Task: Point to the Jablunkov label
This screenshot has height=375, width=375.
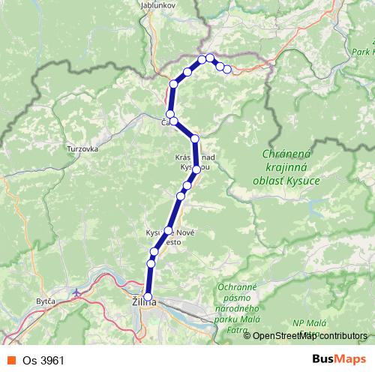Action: click(157, 4)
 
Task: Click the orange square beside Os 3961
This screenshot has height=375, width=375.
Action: click(10, 358)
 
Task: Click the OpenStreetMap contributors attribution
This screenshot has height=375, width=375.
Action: click(309, 335)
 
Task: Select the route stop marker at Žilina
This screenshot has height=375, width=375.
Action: click(148, 297)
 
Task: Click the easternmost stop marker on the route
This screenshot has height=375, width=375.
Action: click(227, 69)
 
